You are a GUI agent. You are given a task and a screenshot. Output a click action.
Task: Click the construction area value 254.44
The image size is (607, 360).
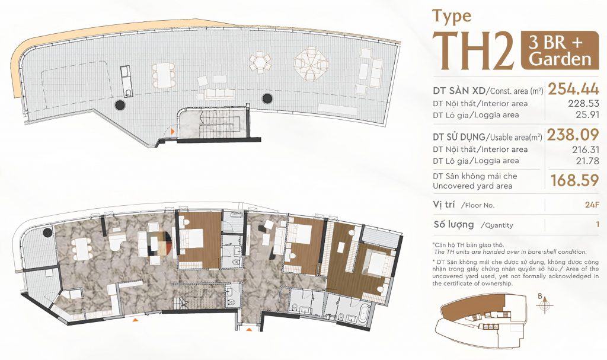pyautogui.click(x=573, y=89)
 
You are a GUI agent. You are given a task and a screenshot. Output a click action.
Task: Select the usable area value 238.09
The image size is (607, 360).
pyautogui.click(x=573, y=135)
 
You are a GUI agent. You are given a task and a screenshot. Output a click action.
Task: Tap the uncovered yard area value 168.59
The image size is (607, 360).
pyautogui.click(x=575, y=180)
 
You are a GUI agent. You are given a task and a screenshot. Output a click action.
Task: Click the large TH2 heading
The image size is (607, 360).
pyautogui.click(x=473, y=50)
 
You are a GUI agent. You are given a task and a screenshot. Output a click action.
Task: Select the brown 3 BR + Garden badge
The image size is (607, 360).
pyautogui.click(x=560, y=50)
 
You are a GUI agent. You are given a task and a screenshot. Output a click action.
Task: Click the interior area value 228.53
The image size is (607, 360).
pyautogui.click(x=584, y=103)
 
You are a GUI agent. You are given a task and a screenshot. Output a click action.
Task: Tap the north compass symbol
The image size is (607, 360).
pyautogui.click(x=545, y=304)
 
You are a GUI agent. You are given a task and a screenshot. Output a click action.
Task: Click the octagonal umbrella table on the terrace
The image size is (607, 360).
pyautogui.click(x=311, y=64)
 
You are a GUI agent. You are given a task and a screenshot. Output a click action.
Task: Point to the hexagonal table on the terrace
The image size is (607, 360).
pyautogui.click(x=260, y=63)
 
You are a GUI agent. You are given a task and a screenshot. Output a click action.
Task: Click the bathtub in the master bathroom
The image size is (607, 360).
pyautogui.click(x=365, y=312)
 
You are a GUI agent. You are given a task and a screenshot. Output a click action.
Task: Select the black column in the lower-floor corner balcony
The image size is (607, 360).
pyautogui.click(x=47, y=233)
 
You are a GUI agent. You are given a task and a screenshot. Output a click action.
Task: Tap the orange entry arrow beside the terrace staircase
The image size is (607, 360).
pyautogui.click(x=172, y=132)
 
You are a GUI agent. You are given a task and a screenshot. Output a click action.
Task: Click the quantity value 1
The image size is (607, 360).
pyautogui.click(x=598, y=224)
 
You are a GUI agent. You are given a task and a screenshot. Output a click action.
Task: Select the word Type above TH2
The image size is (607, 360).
pyautogui.click(x=452, y=16)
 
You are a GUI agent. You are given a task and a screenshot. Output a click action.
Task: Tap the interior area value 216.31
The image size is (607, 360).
pyautogui.click(x=586, y=149)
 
